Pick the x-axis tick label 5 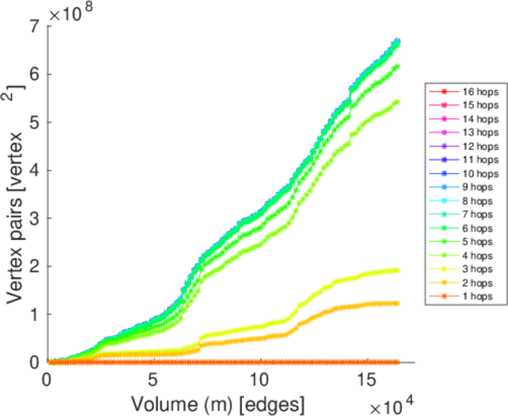[x=152, y=380]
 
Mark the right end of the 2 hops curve [x=398, y=303]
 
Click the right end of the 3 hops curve [x=398, y=270]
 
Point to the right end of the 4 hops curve [x=397, y=102]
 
